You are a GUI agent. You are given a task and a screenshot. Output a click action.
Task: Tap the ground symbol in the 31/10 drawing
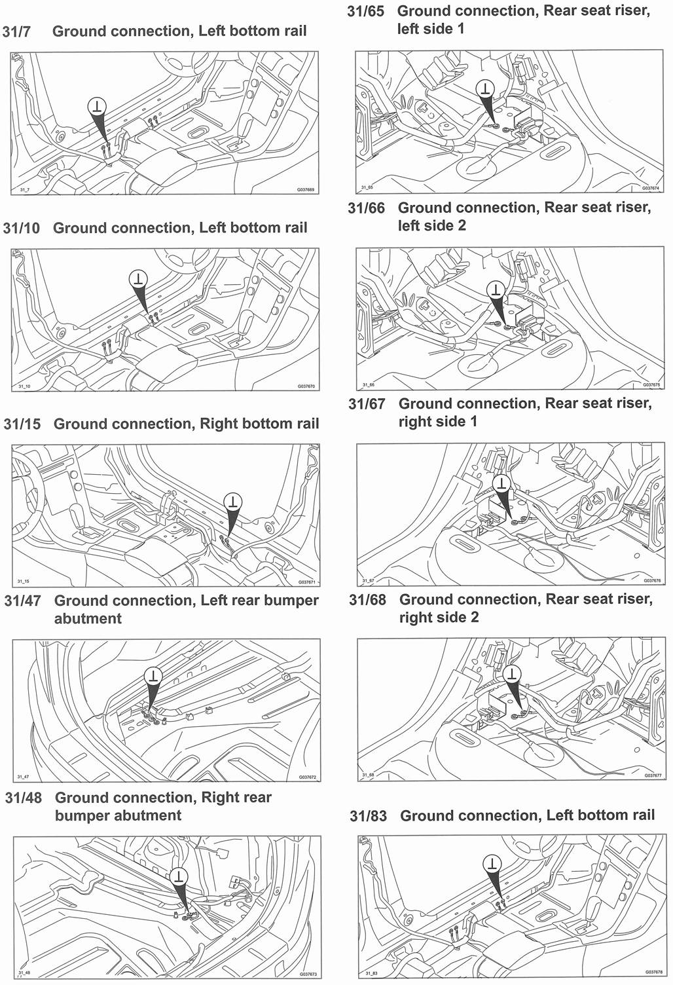click(138, 278)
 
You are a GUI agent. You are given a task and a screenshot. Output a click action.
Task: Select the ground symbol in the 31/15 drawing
click(232, 502)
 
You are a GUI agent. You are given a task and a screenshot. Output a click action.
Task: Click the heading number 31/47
click(22, 601)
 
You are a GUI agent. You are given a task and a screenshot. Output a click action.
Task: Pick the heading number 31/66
click(366, 208)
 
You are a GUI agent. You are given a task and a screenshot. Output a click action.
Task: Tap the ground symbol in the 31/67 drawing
click(501, 483)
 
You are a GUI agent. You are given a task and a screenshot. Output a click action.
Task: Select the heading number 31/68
click(367, 600)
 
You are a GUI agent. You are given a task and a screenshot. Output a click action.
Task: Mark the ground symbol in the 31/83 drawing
click(492, 863)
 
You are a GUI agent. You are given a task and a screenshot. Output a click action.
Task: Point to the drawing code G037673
click(307, 974)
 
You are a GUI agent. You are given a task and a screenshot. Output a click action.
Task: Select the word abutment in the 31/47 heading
click(88, 619)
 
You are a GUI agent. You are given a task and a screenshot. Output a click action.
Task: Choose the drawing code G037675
click(651, 385)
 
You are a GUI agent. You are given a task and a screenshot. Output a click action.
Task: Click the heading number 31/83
click(368, 816)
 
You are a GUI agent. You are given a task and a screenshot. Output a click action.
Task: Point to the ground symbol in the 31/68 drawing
click(511, 674)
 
